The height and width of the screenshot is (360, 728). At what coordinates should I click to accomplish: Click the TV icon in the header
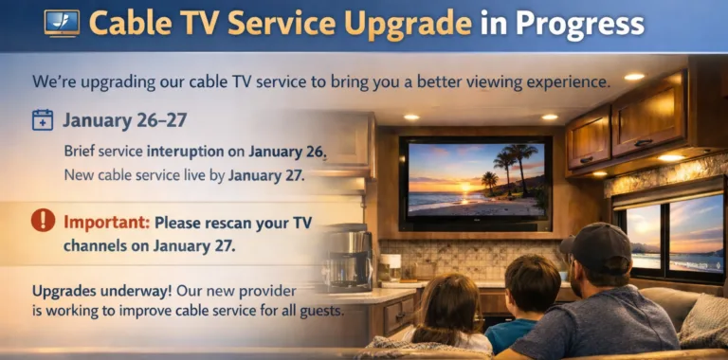(62, 23)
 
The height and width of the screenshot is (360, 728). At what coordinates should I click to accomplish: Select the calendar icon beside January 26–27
(43, 120)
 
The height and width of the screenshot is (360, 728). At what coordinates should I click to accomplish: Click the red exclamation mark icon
(43, 221)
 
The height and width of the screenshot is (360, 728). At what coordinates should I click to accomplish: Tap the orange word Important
(105, 224)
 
